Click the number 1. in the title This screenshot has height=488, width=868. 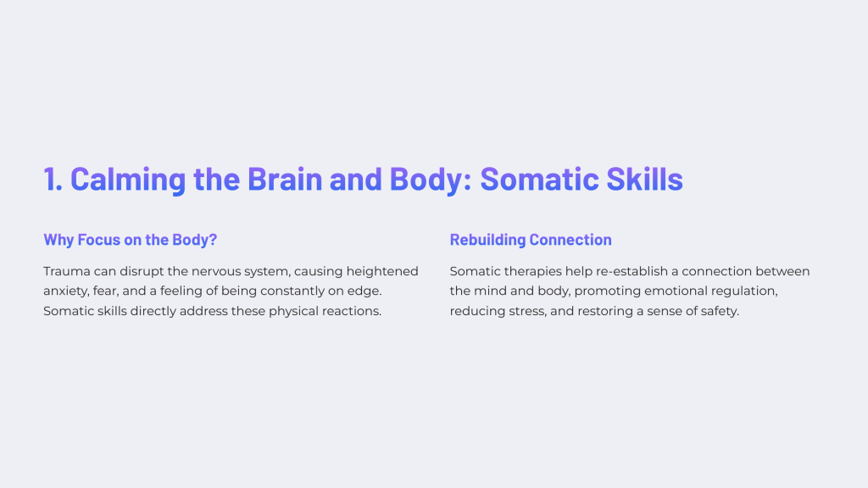point(53,179)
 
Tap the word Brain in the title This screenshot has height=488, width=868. point(285,179)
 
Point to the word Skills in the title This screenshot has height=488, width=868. point(644,179)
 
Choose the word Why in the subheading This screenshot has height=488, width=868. point(58,240)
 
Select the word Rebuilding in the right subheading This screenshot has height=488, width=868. point(487,240)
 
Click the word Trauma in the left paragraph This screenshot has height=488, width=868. point(67,271)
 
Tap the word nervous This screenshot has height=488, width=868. point(214,272)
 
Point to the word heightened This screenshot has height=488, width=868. point(382,272)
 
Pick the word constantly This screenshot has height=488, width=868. point(292,291)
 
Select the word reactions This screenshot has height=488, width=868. point(352,311)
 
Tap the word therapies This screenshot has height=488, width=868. point(532,272)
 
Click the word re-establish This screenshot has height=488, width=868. point(632,271)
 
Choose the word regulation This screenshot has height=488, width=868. point(744,291)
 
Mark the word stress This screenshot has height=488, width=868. point(528,312)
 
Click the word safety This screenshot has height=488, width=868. point(720,312)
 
